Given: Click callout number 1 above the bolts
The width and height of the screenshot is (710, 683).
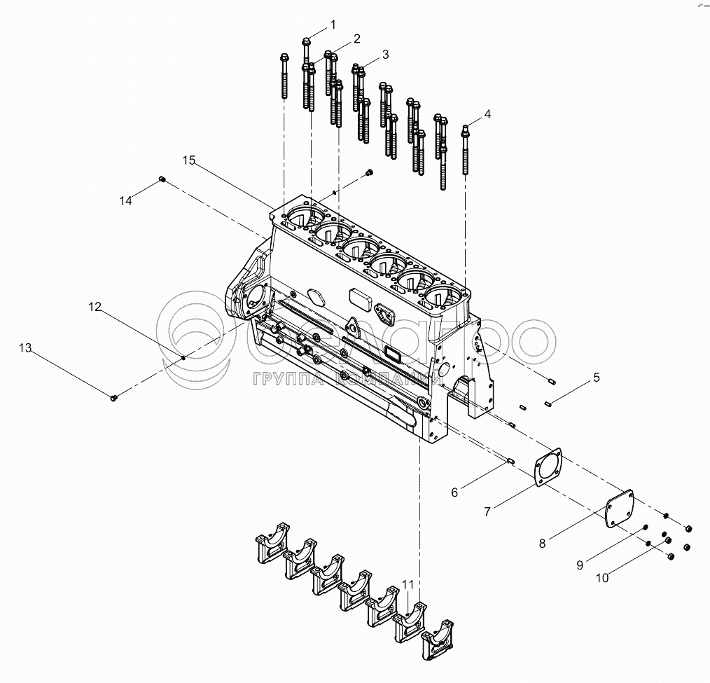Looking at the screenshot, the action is point(333,25).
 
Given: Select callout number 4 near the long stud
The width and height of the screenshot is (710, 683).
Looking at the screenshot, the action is point(487,113).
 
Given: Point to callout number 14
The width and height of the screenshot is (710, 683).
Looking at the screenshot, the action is point(125,200).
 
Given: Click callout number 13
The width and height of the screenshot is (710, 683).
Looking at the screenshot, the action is point(25,348).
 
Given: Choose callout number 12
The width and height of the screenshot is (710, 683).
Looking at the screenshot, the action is point(95,307).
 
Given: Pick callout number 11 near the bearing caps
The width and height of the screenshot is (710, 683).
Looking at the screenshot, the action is point(408,584).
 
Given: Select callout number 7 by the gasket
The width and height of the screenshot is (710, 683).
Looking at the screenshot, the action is point(487,512).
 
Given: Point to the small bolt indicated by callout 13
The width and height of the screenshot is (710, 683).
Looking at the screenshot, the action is point(114,398).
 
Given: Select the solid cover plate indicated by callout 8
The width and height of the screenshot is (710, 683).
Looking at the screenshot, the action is point(619,507).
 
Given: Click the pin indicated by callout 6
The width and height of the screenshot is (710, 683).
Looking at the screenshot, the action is point(510,460).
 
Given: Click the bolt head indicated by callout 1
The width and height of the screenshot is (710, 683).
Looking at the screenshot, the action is point(307,43).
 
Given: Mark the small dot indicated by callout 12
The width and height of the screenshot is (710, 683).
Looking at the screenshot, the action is point(183,358).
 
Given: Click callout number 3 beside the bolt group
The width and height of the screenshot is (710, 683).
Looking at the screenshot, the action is point(385,55).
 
